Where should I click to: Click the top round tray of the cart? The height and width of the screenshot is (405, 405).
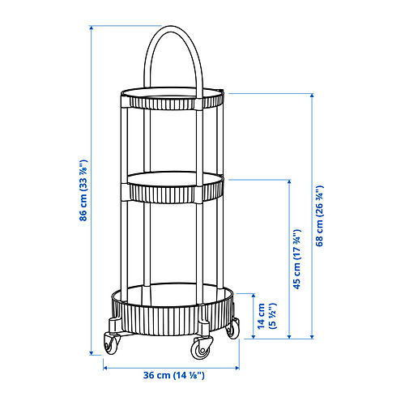(173, 100)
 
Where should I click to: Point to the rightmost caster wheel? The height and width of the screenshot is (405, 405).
(234, 329)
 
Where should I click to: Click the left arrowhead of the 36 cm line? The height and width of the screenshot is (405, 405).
(106, 366)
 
